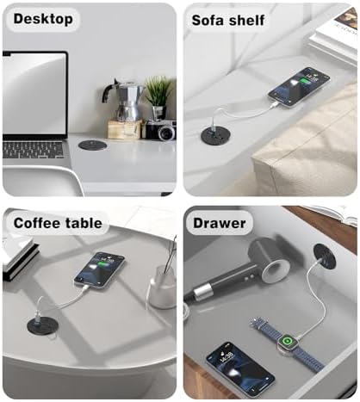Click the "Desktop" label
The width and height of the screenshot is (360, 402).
pyautogui.click(x=43, y=19)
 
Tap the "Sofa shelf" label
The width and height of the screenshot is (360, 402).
pyautogui.click(x=228, y=21)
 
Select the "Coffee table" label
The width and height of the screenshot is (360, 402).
pyautogui.click(x=58, y=223)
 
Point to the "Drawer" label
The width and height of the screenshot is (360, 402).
pyautogui.click(x=219, y=223)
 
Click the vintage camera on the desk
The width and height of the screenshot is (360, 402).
pyautogui.click(x=159, y=130)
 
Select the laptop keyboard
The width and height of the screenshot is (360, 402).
pyautogui.click(x=33, y=150)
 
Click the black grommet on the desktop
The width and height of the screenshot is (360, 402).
pyautogui.click(x=93, y=145)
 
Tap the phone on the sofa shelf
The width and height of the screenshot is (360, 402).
pyautogui.click(x=299, y=87)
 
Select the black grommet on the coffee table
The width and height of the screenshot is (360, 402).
pyautogui.click(x=43, y=325)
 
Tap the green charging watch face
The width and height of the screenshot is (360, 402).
pyautogui.click(x=286, y=342)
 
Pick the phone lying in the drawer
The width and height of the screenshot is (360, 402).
pyautogui.click(x=240, y=366)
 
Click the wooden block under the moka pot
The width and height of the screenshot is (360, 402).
pyautogui.click(x=125, y=129)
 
